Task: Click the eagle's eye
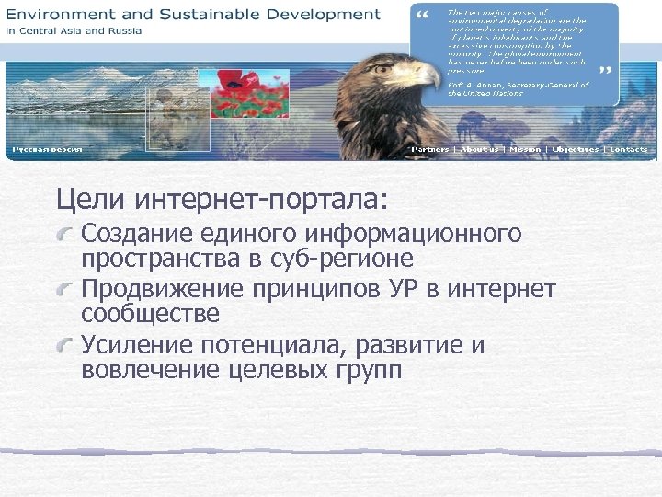[x=400, y=67]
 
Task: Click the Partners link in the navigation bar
[x=429, y=149]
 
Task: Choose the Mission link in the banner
[x=525, y=149]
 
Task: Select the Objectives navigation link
[x=575, y=149]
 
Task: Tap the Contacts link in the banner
[x=629, y=149]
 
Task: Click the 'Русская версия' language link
[x=47, y=149]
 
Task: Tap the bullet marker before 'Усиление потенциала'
[x=66, y=347]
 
